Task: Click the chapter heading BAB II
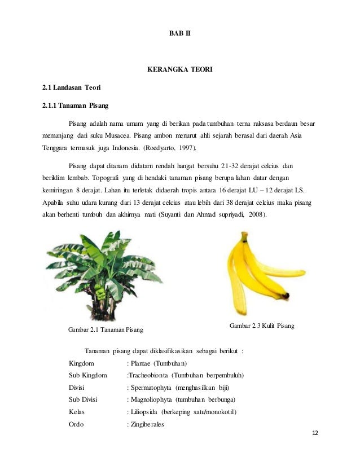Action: coord(180,34)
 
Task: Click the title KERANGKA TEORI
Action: coord(179,71)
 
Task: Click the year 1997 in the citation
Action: coord(187,148)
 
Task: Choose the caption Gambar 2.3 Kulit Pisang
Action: coord(262,326)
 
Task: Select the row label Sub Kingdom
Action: coord(87,375)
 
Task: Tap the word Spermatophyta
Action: coord(152,388)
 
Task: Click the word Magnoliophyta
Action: coord(152,400)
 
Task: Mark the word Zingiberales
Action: coord(147,425)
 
